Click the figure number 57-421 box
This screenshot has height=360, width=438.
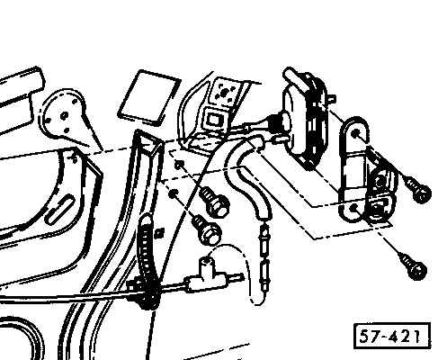[x=392, y=336]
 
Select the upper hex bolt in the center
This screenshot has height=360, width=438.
[x=214, y=202]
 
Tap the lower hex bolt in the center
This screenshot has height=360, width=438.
[x=207, y=230]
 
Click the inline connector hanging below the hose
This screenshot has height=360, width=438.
[x=265, y=258]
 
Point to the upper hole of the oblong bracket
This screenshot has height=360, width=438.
[x=355, y=133]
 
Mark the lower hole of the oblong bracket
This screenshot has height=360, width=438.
[x=353, y=207]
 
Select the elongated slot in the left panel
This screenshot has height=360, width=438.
[x=60, y=209]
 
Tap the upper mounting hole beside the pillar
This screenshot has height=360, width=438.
[x=179, y=165]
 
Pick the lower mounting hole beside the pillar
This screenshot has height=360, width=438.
[x=173, y=193]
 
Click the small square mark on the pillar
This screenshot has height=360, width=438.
[x=161, y=231]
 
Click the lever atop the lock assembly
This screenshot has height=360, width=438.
[x=297, y=78]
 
